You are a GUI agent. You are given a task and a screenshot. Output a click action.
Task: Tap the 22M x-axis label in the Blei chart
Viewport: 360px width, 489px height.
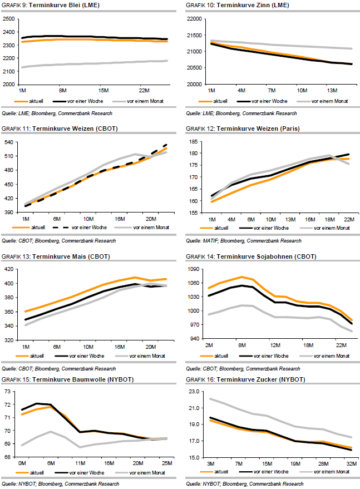coord(143,90)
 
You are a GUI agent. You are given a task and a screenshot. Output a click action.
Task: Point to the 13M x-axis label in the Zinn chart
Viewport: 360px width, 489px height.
coord(333,90)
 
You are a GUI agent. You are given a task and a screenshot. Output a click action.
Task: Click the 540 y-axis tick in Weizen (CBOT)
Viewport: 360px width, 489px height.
coord(10,143)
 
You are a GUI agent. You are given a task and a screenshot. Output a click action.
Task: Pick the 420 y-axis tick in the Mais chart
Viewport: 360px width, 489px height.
coord(10,269)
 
